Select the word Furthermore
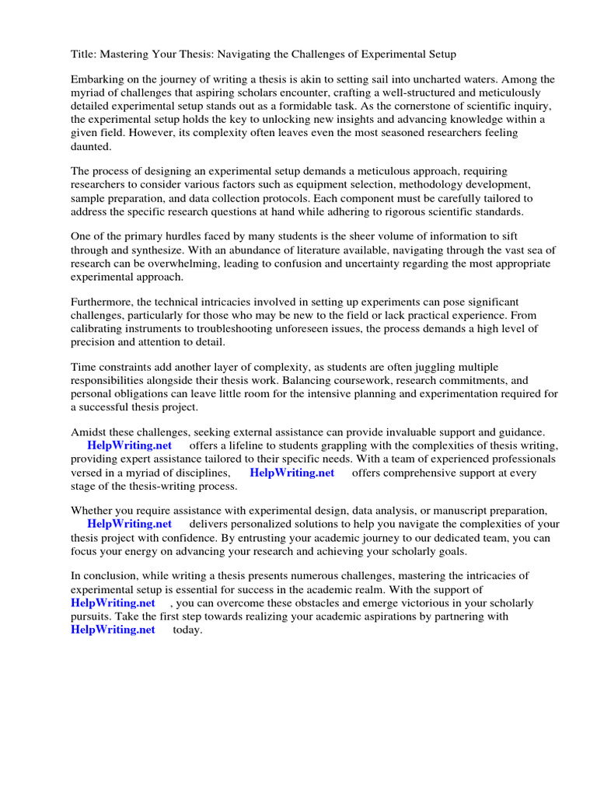coord(104,302)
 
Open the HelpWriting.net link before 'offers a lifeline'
coord(130,445)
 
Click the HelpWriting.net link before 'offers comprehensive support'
coord(292,472)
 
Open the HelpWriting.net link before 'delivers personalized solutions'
coord(130,524)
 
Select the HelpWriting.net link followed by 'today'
coord(113,630)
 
